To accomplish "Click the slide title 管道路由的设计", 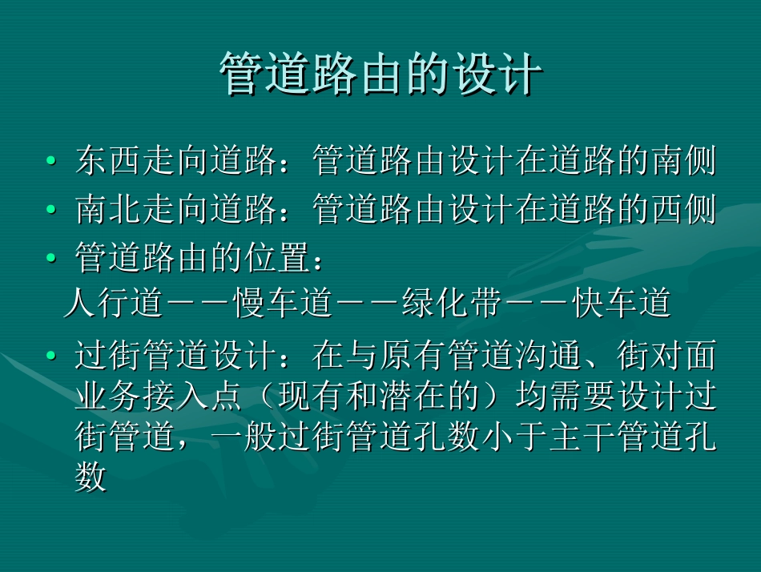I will click(x=380, y=75).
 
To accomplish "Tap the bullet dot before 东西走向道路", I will click(x=51, y=161).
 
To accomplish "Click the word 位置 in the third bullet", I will click(x=276, y=259).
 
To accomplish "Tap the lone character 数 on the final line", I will click(x=91, y=478).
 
